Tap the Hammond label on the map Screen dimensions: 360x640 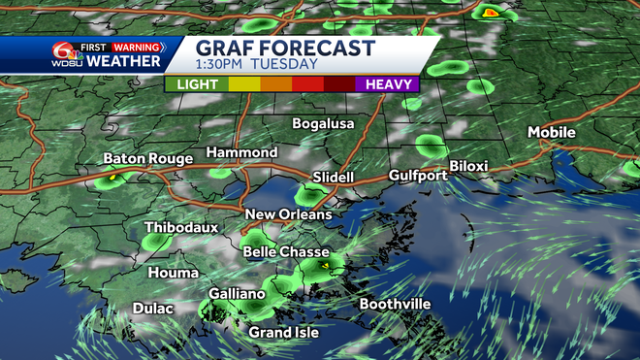(x=241, y=153)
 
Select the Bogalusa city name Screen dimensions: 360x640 (x=324, y=124)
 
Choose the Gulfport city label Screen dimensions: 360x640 (x=418, y=176)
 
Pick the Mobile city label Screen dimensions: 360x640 (x=551, y=132)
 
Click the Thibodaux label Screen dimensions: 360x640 (x=181, y=228)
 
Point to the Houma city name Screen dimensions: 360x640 (x=173, y=274)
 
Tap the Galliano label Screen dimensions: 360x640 (x=237, y=294)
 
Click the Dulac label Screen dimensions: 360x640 (x=153, y=309)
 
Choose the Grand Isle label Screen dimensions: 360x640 (x=282, y=332)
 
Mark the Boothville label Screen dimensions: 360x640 (x=395, y=304)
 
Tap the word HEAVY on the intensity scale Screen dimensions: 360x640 (x=393, y=84)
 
